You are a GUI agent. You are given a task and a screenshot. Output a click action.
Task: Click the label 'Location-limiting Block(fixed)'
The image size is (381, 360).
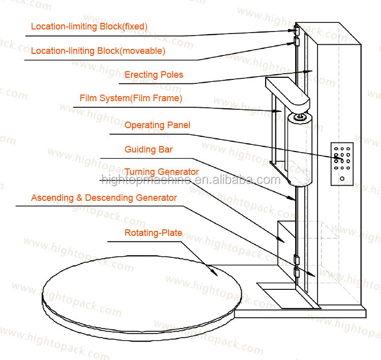click(89, 26)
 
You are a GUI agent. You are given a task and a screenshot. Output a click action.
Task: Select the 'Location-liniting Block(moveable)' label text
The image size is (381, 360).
click(98, 51)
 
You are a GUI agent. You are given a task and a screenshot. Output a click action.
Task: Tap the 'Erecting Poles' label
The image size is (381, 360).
click(154, 75)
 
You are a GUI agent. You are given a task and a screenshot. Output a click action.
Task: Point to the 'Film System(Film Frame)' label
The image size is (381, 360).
click(131, 98)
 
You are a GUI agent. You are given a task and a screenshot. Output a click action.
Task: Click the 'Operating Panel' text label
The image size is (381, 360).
click(157, 125)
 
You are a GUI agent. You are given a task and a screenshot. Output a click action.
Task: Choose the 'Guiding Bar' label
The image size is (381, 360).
click(148, 149)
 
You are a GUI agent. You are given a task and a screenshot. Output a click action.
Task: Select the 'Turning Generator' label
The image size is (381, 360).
click(162, 172)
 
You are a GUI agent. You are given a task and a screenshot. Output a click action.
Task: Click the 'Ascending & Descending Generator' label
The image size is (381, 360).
click(104, 197)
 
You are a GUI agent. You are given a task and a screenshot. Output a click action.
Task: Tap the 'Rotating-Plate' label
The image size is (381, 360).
click(153, 233)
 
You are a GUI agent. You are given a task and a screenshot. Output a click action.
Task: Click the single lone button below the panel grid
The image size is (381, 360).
click(342, 178)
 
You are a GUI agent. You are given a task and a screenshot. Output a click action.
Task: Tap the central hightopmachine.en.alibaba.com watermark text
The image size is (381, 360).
click(190, 179)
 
